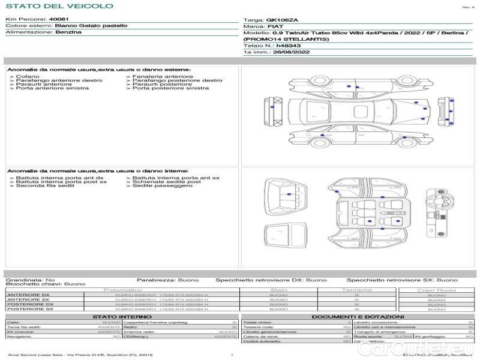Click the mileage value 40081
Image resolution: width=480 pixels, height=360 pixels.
[x=59, y=20]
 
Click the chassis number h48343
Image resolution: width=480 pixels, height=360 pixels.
[x=287, y=46]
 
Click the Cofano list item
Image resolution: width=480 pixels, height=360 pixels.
[x=28, y=77]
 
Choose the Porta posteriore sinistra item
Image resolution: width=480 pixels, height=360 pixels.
[x=170, y=88]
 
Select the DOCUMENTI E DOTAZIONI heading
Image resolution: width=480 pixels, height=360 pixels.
[x=358, y=316]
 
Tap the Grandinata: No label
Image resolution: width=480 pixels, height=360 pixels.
[x=31, y=280]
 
